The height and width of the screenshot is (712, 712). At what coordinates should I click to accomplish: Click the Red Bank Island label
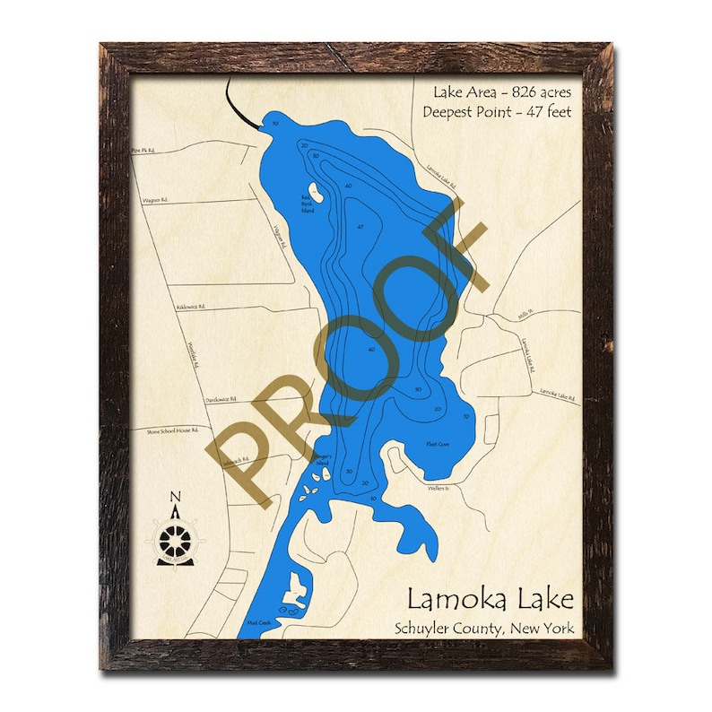tap(308, 204)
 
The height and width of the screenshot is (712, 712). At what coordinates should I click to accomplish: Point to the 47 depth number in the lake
tap(360, 228)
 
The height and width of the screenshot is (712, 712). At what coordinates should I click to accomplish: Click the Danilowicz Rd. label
tap(220, 398)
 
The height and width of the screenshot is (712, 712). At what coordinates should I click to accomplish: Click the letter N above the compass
tap(175, 499)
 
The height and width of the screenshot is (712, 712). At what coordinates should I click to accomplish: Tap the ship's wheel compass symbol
tap(175, 540)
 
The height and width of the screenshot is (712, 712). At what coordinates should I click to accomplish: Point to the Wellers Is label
tap(437, 488)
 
